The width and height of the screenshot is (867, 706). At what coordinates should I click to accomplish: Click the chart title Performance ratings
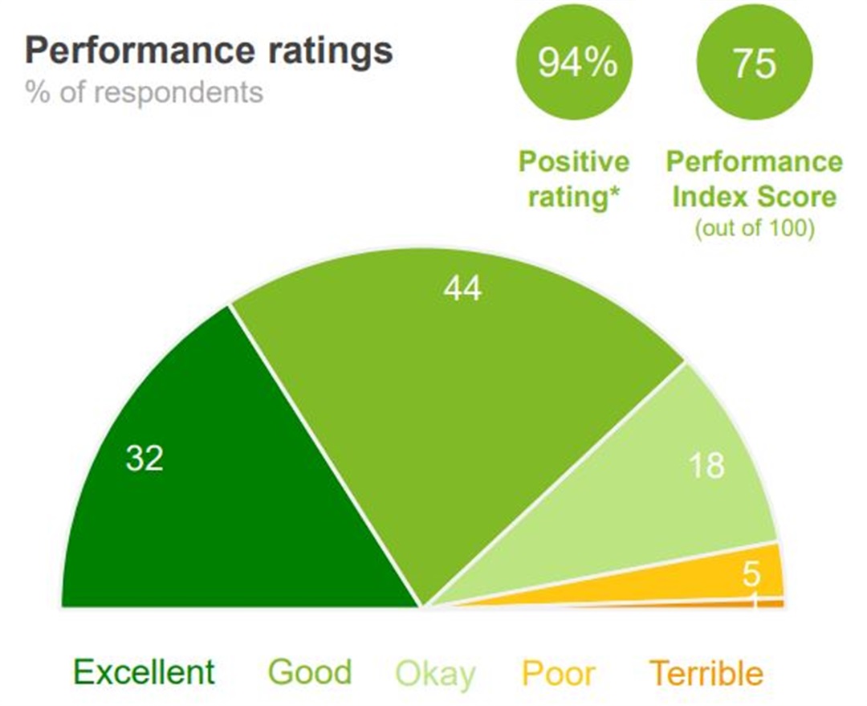pos(209,51)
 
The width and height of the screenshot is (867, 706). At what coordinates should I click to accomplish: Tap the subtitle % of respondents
pos(144,92)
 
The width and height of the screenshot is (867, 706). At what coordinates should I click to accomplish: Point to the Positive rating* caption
pos(574,178)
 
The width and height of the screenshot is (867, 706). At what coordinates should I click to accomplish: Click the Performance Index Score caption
pos(755,178)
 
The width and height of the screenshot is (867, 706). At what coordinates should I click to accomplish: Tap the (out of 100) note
pos(755,228)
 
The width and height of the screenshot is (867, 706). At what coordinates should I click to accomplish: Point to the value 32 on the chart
pos(144,459)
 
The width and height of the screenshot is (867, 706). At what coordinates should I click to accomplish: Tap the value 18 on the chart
pos(706,466)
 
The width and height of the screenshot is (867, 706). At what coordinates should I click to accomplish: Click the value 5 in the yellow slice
pos(751,574)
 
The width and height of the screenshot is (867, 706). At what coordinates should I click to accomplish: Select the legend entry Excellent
pos(144,672)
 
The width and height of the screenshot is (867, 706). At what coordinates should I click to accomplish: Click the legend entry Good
pos(310,672)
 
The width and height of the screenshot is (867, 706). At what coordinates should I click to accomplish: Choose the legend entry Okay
pos(436,673)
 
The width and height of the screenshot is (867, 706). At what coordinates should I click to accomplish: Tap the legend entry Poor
pos(559,673)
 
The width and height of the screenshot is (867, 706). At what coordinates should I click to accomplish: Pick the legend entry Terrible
pos(706,673)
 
